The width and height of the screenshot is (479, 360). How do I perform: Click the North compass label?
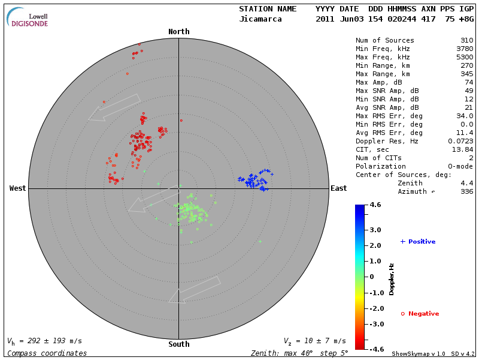tap(178, 32)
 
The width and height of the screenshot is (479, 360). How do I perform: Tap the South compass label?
tap(178, 344)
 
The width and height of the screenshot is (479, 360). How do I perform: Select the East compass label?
tap(338, 188)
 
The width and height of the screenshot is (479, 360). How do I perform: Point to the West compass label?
tap(18, 188)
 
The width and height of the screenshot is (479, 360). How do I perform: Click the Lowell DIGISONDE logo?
tap(28, 17)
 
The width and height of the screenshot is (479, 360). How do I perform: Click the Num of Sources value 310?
tap(467, 41)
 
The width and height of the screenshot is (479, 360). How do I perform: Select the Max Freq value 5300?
tap(464, 58)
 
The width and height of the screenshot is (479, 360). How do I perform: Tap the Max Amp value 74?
tap(469, 82)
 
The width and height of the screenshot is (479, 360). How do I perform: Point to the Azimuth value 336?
tap(467, 191)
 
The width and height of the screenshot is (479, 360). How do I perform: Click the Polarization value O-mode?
tap(459, 166)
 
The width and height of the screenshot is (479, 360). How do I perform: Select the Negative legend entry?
tap(420, 314)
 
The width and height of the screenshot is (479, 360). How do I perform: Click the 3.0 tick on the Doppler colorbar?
tap(375, 230)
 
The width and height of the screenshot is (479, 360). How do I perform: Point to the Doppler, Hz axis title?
tap(392, 279)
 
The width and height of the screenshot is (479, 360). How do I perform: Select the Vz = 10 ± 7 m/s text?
tap(314, 341)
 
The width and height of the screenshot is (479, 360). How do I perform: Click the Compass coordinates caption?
tap(47, 353)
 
